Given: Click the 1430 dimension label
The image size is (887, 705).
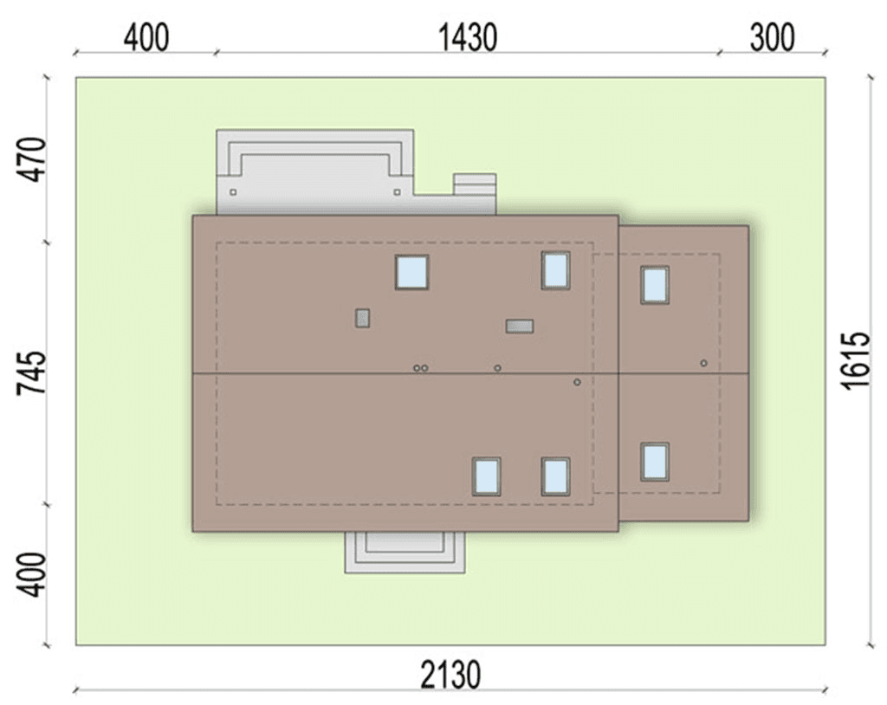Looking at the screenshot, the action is [468, 38].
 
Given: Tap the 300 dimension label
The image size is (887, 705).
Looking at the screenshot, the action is [772, 38].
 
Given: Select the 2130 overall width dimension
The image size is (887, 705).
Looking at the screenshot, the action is [450, 675].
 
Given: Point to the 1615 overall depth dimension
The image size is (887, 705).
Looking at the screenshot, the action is [855, 360].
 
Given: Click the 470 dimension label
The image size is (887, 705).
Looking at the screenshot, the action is [32, 159].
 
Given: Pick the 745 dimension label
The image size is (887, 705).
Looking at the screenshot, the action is [32, 373].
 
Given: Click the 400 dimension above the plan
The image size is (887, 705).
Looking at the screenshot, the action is [146, 38].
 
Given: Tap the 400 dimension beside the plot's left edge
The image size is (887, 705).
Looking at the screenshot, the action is [32, 575].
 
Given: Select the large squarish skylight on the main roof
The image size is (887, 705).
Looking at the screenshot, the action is [411, 272].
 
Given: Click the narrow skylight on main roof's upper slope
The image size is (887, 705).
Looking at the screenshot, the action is [555, 270].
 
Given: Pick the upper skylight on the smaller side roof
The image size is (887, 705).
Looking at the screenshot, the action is [655, 285].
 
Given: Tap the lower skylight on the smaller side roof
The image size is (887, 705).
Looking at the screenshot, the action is [655, 462].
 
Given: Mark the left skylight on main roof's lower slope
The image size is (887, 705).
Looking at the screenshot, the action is [487, 476].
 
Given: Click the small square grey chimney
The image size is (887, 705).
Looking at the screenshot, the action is [363, 318].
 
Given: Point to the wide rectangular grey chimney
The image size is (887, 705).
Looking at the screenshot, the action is [520, 326].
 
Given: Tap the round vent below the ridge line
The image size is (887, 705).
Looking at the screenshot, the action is [577, 382].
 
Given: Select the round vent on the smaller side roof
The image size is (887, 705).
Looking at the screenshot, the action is [703, 363].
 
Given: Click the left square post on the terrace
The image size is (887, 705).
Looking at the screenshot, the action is [233, 192].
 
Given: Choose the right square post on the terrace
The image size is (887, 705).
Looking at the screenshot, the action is [397, 192].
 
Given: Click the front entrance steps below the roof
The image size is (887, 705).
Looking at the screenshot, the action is [405, 553].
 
